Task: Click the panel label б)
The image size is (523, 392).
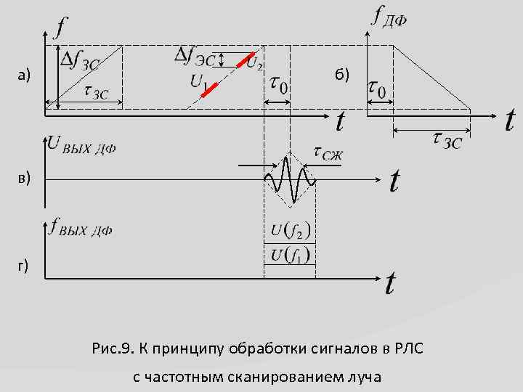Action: pos(341,74)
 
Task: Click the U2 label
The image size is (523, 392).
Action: pos(255,64)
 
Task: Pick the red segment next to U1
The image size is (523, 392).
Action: pos(210,89)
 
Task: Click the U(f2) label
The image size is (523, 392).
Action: pos(291,231)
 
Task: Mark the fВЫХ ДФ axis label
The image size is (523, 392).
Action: pos(81,229)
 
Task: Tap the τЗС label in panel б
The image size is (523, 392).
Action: pos(442,139)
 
